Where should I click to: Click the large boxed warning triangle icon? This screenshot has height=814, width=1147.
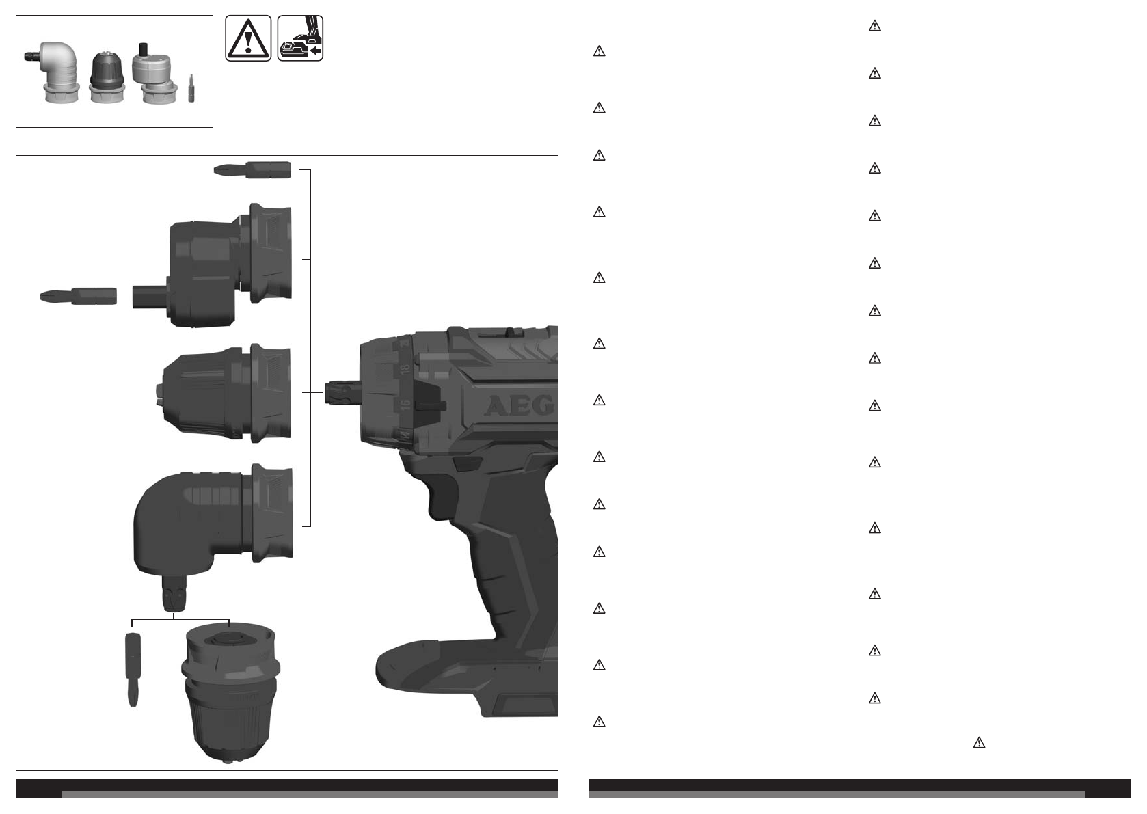coord(248,38)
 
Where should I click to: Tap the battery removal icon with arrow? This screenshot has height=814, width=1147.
coord(300,38)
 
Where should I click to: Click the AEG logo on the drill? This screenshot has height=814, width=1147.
coord(519,406)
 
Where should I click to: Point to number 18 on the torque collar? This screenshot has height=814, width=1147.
coord(405,368)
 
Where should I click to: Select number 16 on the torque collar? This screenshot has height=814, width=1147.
coord(405,405)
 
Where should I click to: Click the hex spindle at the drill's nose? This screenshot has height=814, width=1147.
coord(343,393)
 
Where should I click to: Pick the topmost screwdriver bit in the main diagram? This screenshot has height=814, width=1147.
coord(252,170)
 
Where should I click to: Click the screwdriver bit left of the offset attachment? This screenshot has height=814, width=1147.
coord(79,296)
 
